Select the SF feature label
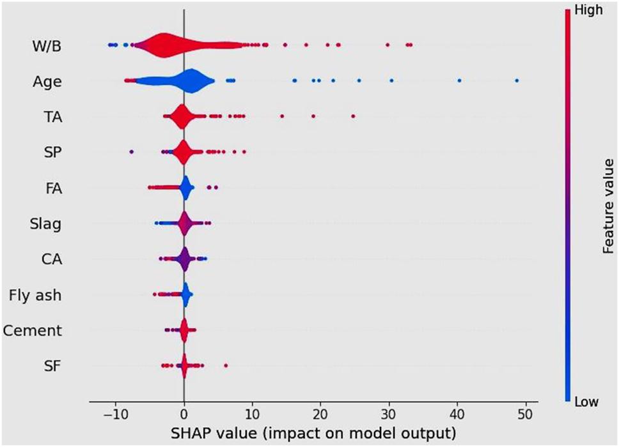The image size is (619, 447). pyautogui.click(x=54, y=366)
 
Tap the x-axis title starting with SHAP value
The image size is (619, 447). pyautogui.click(x=312, y=433)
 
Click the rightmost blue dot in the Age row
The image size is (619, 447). pyautogui.click(x=517, y=80)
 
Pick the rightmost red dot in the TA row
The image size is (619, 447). pyautogui.click(x=353, y=116)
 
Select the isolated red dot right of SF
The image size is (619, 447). pyautogui.click(x=226, y=366)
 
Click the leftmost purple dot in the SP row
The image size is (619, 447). pyautogui.click(x=132, y=152)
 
